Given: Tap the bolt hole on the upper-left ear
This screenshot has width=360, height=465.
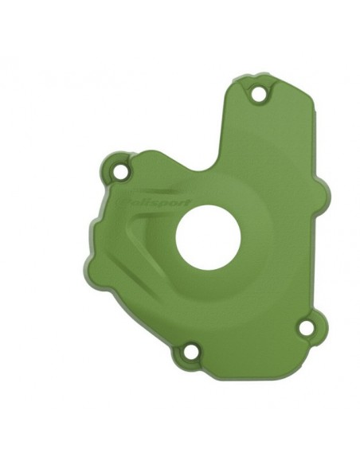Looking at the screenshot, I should pyautogui.click(x=120, y=170).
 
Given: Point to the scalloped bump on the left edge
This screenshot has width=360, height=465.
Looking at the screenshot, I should pyautogui.click(x=104, y=219).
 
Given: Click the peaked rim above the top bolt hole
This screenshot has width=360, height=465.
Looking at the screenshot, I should pyautogui.click(x=258, y=77).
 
